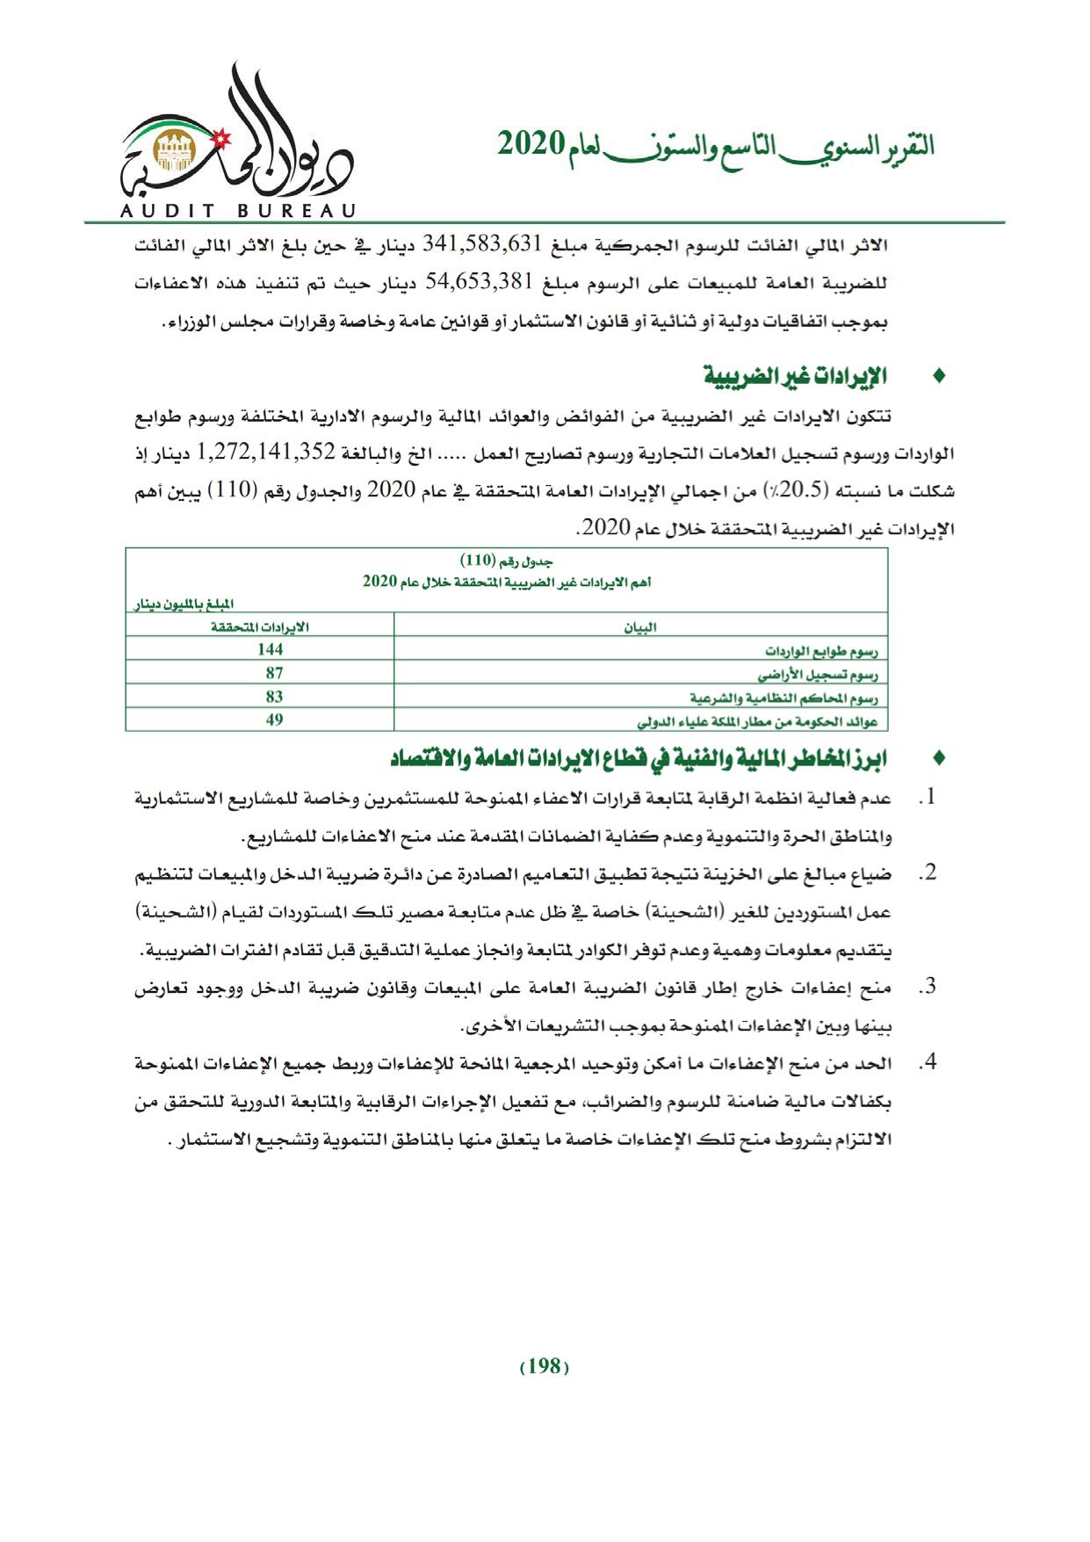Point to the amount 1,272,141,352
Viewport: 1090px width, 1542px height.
coord(269,452)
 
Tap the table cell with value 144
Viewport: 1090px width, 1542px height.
coord(271,649)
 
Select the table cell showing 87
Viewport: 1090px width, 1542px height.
coord(274,672)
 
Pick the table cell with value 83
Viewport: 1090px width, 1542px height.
coord(274,696)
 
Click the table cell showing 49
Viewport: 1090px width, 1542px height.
coord(274,720)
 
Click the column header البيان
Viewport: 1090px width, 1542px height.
coord(640,626)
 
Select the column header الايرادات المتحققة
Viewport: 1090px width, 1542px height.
coord(261,626)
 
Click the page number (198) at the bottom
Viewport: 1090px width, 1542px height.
coord(545,1365)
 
